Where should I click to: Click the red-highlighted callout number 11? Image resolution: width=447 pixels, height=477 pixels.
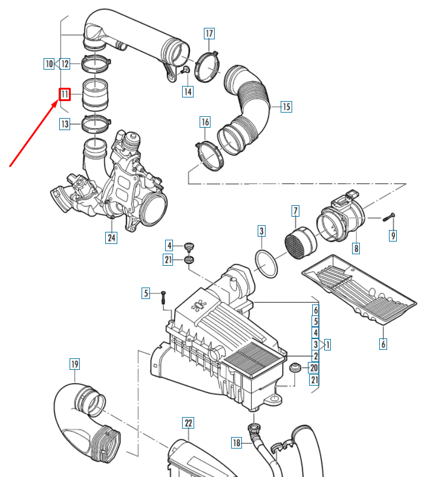pos(65,94)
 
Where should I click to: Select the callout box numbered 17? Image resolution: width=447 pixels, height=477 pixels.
pos(209,33)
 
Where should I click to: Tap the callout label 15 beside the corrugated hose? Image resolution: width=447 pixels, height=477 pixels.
pos(286,107)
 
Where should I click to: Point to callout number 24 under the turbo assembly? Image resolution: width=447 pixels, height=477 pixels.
pos(111,238)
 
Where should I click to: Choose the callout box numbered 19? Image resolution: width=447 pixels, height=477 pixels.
pos(74,364)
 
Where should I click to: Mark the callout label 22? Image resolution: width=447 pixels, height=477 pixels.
pos(188,423)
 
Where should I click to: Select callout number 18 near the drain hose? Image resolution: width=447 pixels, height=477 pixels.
pos(237,444)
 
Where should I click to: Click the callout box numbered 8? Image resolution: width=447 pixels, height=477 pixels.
pos(356,248)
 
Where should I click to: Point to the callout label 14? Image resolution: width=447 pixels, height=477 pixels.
pos(188,91)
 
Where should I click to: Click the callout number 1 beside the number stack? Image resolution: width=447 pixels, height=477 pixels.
pos(327,344)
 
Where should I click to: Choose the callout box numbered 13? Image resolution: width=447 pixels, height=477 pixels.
pos(65,124)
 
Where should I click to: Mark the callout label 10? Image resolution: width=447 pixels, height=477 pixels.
pos(49,63)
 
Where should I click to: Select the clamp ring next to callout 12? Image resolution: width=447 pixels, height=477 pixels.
pos(96,62)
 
